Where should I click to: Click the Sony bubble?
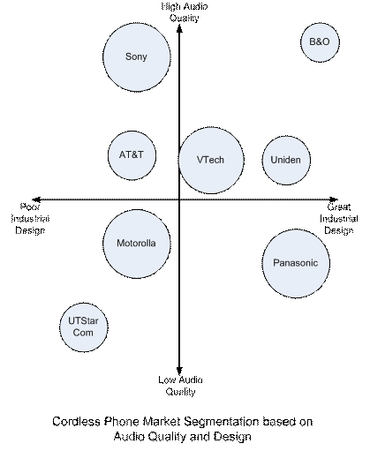point(137,57)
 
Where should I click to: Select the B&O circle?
point(320,42)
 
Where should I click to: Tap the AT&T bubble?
point(132,155)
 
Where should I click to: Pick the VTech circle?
point(211,161)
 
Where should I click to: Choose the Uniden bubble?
point(286,161)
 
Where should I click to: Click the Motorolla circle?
point(137,244)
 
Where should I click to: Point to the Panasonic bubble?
point(296,263)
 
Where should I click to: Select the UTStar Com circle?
point(84,327)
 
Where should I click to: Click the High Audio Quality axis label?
point(185,12)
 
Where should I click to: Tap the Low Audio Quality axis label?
point(180,386)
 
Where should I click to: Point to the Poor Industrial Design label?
point(30,219)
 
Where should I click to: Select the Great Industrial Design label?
point(339,219)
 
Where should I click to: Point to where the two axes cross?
point(179,199)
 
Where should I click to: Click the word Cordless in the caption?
point(77,422)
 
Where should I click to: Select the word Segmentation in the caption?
point(222,423)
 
